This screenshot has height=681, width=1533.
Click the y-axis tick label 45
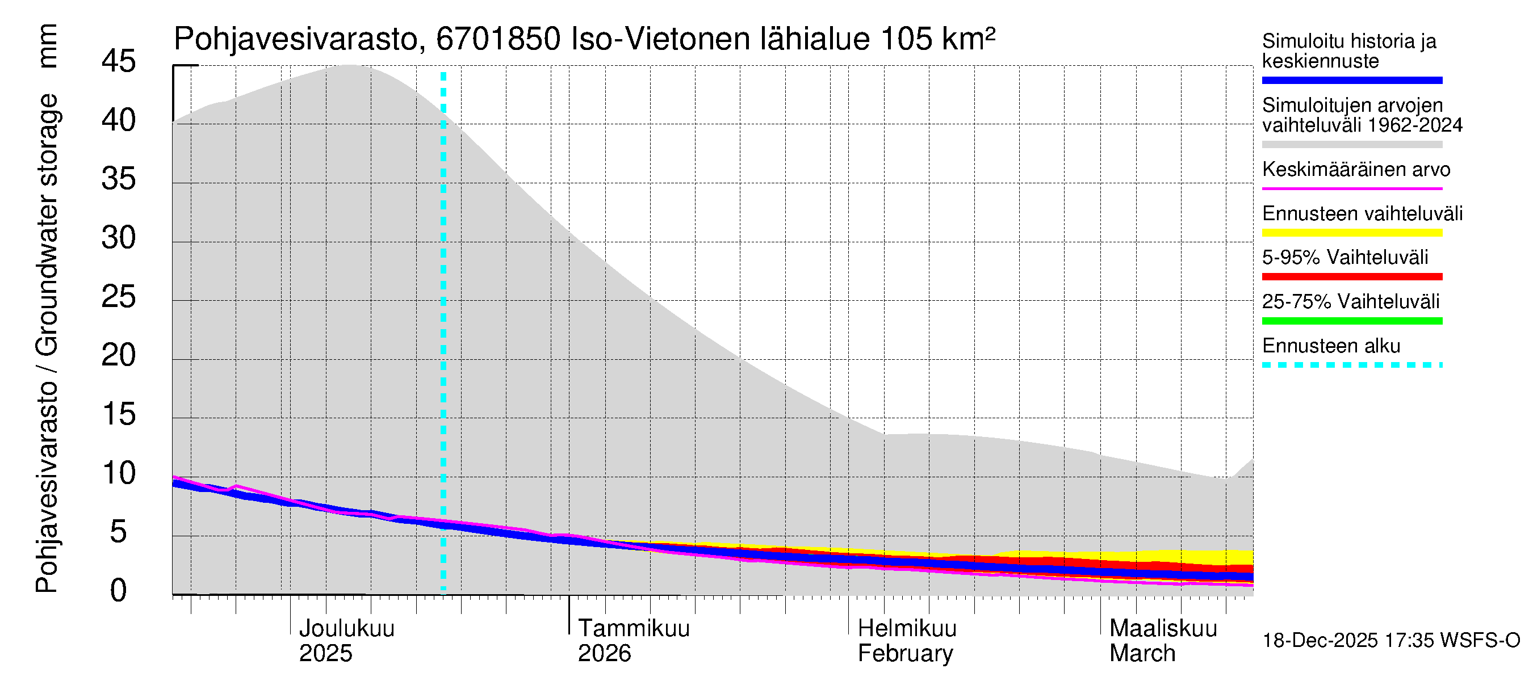119,61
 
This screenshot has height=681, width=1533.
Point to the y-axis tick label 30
119,238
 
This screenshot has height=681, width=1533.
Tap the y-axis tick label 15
119,414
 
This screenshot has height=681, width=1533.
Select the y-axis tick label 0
119,591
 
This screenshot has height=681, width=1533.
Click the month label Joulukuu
346,628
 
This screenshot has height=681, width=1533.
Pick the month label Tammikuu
634,628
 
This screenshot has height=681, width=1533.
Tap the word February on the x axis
905,653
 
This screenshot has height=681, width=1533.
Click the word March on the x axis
1142,653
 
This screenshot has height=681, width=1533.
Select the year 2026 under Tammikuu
604,653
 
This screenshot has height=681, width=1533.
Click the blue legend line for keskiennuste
1352,80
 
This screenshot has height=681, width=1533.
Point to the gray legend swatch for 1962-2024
1352,145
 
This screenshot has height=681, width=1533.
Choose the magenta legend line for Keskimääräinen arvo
1352,188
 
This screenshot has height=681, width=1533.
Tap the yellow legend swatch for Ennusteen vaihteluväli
1352,233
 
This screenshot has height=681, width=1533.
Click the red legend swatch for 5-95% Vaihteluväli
1352,276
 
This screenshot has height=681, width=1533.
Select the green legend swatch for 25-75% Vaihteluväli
1352,321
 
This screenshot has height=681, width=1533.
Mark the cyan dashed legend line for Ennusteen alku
1352,365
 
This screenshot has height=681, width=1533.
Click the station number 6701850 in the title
498,39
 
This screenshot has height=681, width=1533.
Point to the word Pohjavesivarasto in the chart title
296,39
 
